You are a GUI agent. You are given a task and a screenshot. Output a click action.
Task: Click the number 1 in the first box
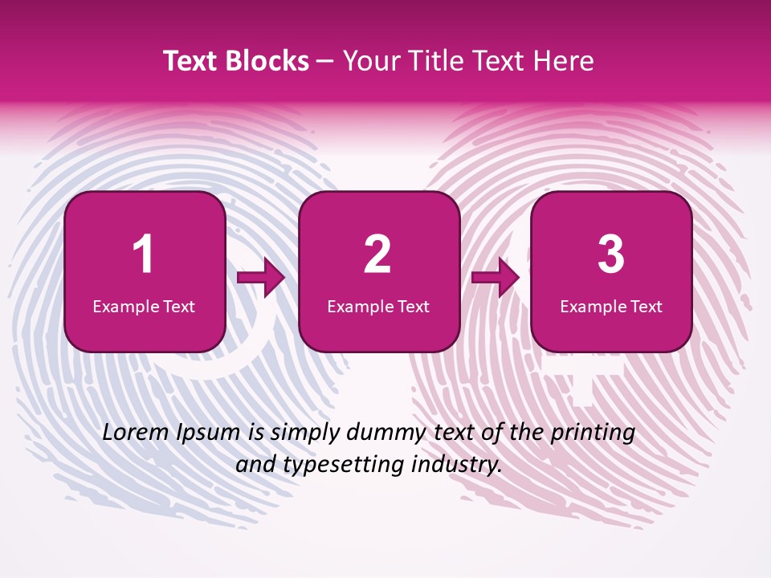click(x=144, y=254)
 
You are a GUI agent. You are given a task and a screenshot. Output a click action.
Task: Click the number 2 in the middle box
click(x=377, y=254)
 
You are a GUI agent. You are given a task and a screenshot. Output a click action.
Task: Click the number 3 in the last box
click(x=611, y=254)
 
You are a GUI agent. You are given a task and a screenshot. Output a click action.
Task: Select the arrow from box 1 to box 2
click(x=261, y=279)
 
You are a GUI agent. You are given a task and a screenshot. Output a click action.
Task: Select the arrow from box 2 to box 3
click(x=496, y=279)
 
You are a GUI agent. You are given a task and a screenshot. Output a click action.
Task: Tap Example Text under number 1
click(x=144, y=307)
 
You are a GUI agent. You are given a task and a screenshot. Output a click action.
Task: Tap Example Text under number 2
click(x=378, y=307)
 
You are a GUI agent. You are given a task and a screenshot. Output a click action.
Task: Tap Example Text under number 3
click(x=611, y=307)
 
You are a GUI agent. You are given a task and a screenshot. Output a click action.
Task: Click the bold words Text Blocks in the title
click(x=235, y=61)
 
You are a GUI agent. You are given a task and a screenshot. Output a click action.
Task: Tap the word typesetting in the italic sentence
click(x=349, y=465)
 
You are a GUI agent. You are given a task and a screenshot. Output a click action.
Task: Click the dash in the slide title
click(x=325, y=62)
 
